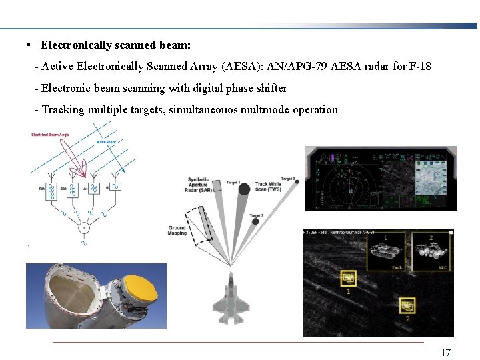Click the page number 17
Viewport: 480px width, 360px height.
(x=446, y=352)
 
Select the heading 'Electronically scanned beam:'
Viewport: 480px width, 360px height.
(x=115, y=45)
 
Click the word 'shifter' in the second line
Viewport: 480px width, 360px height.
(x=269, y=88)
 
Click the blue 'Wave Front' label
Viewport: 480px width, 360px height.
(x=107, y=141)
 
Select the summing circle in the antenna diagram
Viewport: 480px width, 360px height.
(x=84, y=228)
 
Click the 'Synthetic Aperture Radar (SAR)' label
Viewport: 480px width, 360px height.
(x=198, y=185)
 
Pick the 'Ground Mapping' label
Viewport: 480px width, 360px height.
(x=177, y=231)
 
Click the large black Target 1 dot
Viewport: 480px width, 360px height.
(x=244, y=189)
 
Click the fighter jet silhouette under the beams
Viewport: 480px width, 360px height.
(x=231, y=297)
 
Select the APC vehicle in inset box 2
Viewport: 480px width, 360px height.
(x=430, y=252)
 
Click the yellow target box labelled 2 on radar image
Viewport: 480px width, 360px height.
(x=407, y=307)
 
